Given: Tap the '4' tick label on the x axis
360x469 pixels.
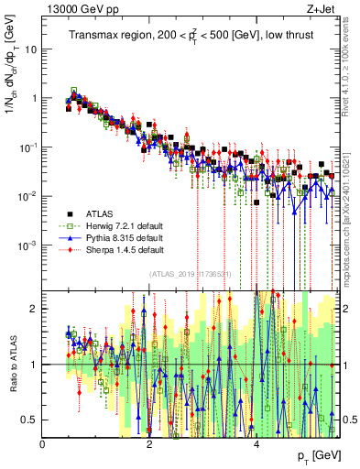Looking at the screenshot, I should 256,443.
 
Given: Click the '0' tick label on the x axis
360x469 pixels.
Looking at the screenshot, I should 43,443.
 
